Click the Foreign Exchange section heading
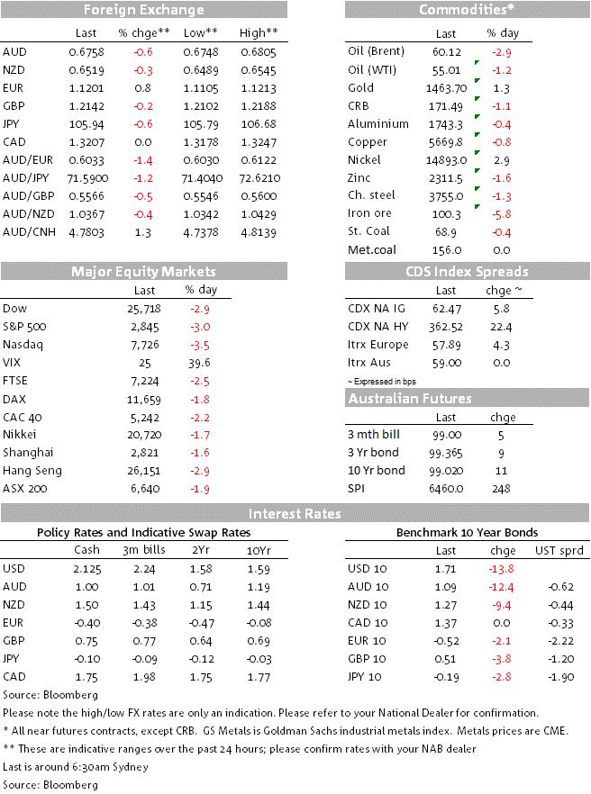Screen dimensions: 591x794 tap(144, 10)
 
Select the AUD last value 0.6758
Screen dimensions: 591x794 tap(86, 52)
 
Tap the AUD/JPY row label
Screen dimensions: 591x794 tap(26, 178)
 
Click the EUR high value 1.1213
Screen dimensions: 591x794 tap(259, 88)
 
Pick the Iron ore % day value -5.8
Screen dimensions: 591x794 tap(501, 214)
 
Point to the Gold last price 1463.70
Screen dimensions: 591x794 tap(446, 88)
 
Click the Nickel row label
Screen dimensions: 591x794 tap(364, 160)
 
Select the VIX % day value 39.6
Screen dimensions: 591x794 tap(199, 363)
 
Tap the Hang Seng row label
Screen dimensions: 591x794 tap(32, 471)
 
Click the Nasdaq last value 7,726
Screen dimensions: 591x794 tap(144, 345)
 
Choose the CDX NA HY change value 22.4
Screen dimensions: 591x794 tap(501, 327)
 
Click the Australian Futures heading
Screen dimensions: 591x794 tap(410, 399)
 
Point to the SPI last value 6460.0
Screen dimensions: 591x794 tap(446, 489)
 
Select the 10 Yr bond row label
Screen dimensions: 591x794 tap(376, 471)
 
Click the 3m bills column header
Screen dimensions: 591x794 tap(144, 550)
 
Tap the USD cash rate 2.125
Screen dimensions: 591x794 tap(87, 569)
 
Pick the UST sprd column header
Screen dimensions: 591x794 tap(559, 551)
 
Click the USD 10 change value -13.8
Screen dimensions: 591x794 tap(501, 569)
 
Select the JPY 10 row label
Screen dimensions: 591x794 tap(365, 677)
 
